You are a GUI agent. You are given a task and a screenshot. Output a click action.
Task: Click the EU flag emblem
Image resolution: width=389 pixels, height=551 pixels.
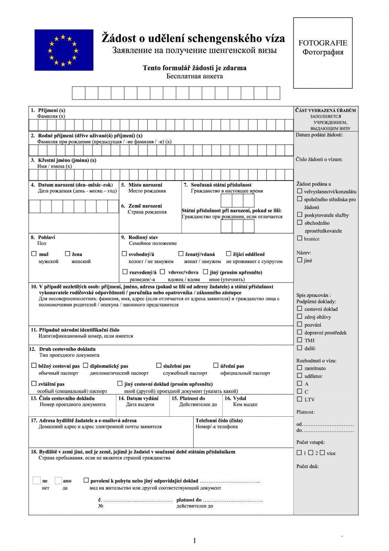point(64,50)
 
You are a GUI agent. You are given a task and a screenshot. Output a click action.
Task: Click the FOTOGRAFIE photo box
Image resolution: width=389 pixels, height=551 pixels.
point(323,53)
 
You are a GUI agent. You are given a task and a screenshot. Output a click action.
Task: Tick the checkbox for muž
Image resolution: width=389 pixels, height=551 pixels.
point(34,254)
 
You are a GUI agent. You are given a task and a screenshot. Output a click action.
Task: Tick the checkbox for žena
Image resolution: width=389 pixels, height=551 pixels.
point(67,254)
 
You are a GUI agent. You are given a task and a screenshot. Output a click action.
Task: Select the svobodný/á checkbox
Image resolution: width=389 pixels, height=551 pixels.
point(124,254)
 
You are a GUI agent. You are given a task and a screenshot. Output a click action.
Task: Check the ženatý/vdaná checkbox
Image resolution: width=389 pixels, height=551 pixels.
point(181,254)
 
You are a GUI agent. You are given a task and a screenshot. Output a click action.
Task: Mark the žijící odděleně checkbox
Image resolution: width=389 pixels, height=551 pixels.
point(228,254)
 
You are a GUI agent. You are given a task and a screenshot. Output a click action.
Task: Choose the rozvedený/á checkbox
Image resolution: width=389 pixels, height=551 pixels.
point(125,272)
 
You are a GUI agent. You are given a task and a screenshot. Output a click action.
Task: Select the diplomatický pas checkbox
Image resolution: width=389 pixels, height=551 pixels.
point(85,365)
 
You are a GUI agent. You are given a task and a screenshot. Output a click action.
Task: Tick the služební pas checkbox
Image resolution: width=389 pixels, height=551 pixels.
point(159,365)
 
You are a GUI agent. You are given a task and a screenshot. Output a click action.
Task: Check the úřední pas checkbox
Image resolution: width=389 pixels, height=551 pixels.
point(216,365)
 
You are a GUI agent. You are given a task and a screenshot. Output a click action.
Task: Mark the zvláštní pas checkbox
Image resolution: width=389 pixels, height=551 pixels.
point(34,383)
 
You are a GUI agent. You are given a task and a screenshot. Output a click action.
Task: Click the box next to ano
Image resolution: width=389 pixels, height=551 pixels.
point(58,480)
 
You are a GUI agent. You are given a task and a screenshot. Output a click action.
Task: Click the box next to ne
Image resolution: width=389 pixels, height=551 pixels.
point(36,480)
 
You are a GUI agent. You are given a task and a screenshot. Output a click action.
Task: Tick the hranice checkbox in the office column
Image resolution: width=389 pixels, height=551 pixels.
point(300,238)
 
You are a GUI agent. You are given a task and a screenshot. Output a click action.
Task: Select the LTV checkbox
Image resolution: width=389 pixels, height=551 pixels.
point(300,399)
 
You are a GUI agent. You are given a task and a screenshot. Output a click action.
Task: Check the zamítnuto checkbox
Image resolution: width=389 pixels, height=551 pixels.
point(300,368)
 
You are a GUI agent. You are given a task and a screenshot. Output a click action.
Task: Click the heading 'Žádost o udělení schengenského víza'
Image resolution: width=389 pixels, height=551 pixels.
point(193,38)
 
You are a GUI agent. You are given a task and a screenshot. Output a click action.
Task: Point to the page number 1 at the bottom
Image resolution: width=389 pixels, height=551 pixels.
point(195,541)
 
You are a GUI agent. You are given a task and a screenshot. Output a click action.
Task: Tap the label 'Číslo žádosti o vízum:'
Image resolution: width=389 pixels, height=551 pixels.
point(319,159)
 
